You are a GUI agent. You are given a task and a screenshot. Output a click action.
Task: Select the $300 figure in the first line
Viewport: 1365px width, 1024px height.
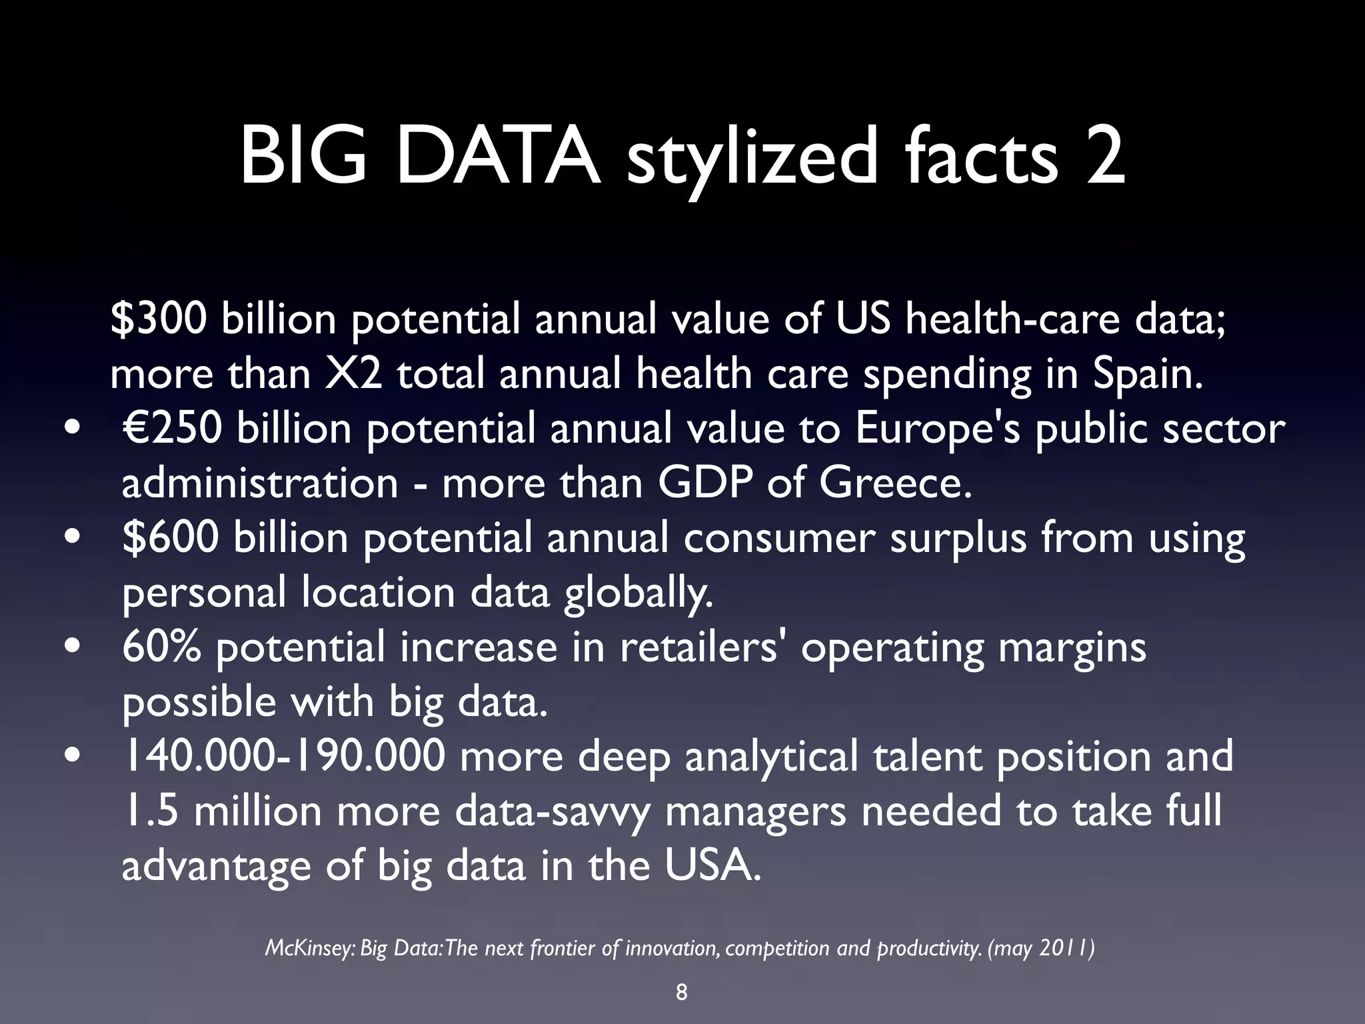coord(159,319)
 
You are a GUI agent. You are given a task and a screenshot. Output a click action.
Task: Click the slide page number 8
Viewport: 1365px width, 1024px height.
coord(681,993)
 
